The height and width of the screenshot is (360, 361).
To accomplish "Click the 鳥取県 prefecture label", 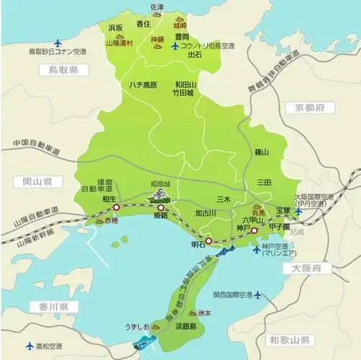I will tap(63, 70).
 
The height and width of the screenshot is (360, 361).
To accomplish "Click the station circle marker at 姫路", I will tap(160, 207).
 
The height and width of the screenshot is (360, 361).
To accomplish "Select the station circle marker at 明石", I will tap(209, 241).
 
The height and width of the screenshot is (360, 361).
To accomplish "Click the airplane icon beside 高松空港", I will tap(29, 346).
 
